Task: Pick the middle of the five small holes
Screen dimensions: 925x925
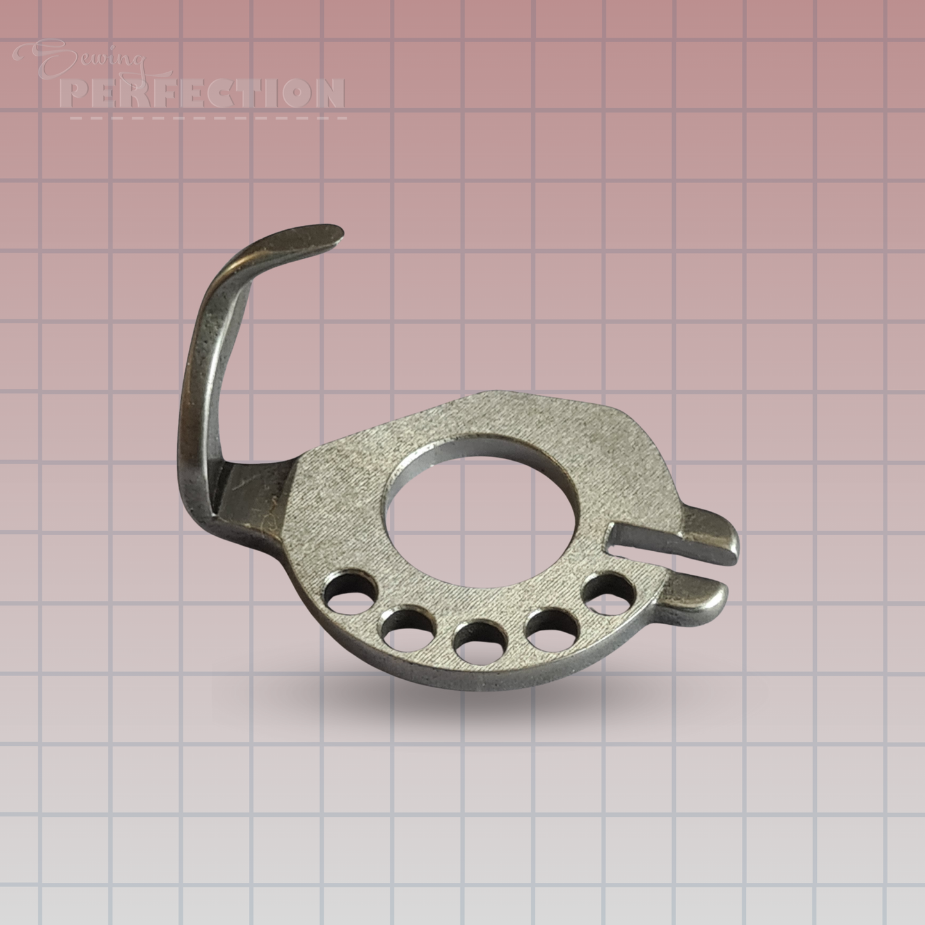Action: tap(477, 639)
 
